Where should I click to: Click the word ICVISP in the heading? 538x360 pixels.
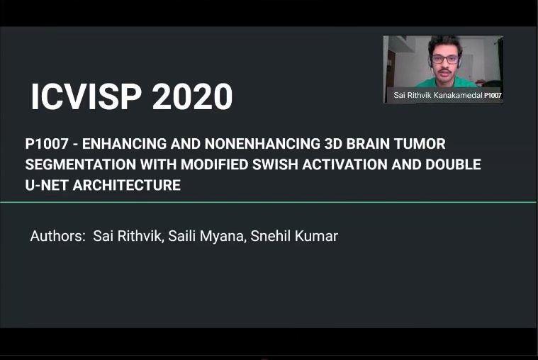(86, 96)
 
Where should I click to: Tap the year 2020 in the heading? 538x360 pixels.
(193, 96)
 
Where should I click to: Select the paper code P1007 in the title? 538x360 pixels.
(47, 144)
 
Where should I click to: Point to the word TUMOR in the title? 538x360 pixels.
(420, 144)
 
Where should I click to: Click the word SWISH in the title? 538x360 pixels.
(275, 164)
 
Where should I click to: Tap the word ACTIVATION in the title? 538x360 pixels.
(344, 164)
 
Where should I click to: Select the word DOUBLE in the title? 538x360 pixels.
(453, 164)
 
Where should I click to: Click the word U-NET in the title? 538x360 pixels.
(47, 186)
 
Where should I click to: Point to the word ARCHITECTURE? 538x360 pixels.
(127, 186)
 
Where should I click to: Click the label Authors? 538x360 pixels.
(57, 236)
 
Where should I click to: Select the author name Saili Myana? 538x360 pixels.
(207, 237)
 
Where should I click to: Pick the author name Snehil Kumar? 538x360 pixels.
(294, 236)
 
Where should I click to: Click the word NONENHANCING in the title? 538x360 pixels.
(262, 144)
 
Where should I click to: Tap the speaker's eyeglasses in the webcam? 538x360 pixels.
(445, 59)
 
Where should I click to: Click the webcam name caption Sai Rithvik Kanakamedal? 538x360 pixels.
(438, 96)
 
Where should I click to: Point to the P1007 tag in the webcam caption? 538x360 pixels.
(493, 96)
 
